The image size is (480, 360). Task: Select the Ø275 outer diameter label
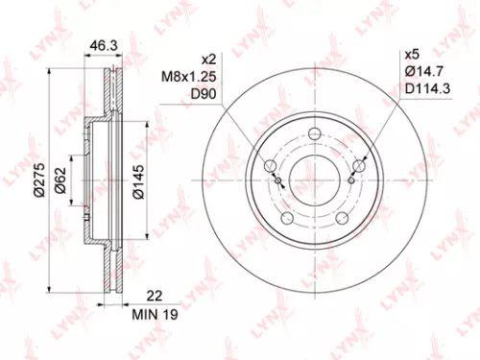(x=40, y=179)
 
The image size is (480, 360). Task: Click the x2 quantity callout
(x=211, y=58)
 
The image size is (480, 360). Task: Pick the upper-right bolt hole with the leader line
(x=358, y=166)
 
